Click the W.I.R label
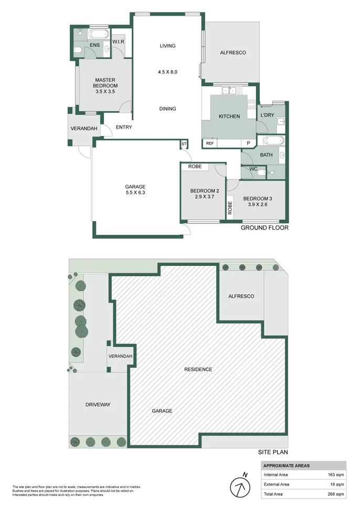[118, 41]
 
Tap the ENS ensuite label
[94, 46]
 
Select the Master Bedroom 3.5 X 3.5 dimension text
[105, 91]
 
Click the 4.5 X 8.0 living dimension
[167, 72]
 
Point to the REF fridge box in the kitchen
[210, 143]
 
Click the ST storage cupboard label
[184, 143]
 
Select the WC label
[253, 169]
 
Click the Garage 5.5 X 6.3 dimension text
[135, 193]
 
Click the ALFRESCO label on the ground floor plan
[232, 53]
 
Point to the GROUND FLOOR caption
[264, 228]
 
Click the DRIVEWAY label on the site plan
[98, 404]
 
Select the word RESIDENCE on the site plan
[198, 369]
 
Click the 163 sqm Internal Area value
[336, 475]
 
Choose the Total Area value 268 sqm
[336, 494]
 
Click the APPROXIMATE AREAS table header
[287, 465]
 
